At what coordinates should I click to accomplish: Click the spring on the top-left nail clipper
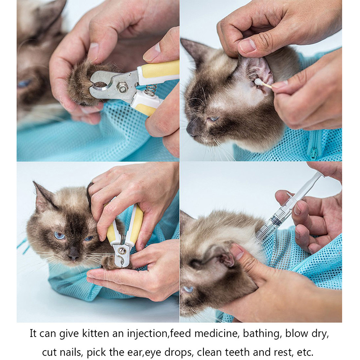150,90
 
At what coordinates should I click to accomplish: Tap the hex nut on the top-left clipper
122,89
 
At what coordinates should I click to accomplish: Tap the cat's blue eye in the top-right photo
213,119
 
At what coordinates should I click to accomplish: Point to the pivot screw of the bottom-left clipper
121,250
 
